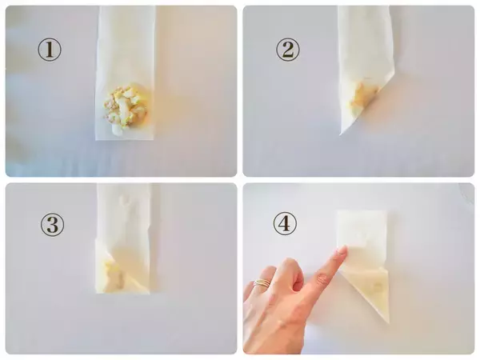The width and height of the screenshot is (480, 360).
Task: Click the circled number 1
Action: (50, 50)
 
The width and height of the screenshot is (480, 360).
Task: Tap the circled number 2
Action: (288, 50)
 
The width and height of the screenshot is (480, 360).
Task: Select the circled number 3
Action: (53, 225)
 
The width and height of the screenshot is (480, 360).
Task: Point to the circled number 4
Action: (285, 223)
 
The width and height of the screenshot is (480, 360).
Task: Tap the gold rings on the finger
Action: (262, 283)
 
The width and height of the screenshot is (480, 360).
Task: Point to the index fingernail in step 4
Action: (342, 251)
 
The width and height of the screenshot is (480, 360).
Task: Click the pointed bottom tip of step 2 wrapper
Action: (341, 134)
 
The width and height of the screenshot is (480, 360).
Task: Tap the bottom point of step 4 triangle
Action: (388, 322)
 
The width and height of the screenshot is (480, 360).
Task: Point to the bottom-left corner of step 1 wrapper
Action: (96, 139)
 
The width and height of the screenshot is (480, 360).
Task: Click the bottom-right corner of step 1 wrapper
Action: (153, 139)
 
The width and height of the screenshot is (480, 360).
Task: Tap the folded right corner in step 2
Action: (394, 73)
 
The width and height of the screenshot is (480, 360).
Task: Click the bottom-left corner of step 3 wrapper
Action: (97, 293)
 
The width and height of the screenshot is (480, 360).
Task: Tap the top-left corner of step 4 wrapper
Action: (338, 211)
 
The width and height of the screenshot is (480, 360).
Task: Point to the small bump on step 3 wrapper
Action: (126, 199)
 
